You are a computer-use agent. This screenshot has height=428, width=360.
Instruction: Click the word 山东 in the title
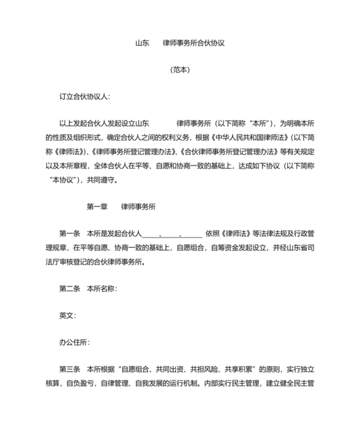coord(142,44)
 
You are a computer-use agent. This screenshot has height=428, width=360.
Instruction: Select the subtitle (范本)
coord(180,70)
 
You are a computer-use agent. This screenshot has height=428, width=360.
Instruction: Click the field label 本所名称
coord(100,289)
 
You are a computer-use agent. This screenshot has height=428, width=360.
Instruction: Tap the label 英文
coord(66,315)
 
